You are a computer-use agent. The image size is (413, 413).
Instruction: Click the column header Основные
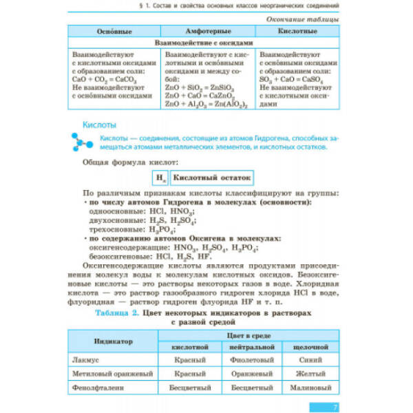point(112,33)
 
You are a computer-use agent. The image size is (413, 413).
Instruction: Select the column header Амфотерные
point(207,33)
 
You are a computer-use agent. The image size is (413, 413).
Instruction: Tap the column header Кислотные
point(297,33)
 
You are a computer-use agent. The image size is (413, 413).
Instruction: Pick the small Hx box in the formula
point(159,177)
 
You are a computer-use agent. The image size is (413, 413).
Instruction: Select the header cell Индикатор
point(114,341)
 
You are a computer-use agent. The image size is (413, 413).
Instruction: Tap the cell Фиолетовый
point(250,359)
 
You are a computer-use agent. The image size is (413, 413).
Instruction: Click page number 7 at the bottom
point(335,406)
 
